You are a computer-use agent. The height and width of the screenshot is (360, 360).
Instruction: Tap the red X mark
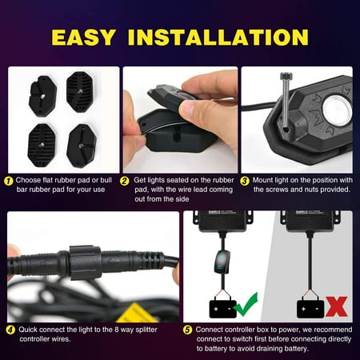pos(334,306)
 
